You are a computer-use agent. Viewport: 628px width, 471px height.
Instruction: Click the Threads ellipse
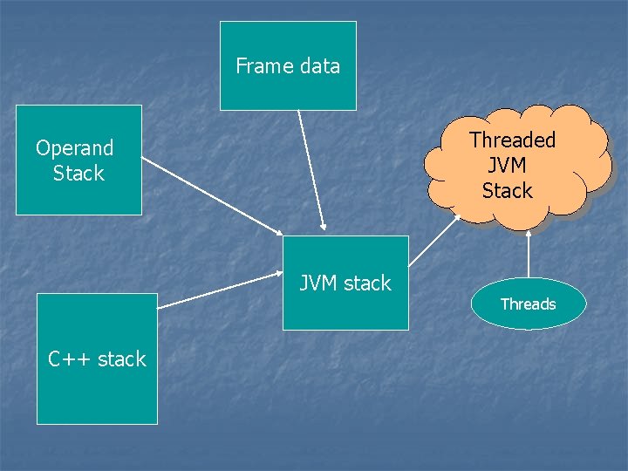tap(528, 304)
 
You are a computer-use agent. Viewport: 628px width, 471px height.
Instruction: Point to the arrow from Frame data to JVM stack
tap(311, 171)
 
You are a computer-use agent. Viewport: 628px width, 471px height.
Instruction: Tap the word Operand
tap(75, 147)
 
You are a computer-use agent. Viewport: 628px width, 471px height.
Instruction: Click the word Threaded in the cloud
tap(512, 140)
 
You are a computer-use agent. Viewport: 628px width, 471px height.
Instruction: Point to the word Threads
tap(528, 304)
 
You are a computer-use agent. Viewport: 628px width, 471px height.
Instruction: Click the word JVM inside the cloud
tap(507, 165)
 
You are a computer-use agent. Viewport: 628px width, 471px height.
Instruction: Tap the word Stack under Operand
tap(78, 173)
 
